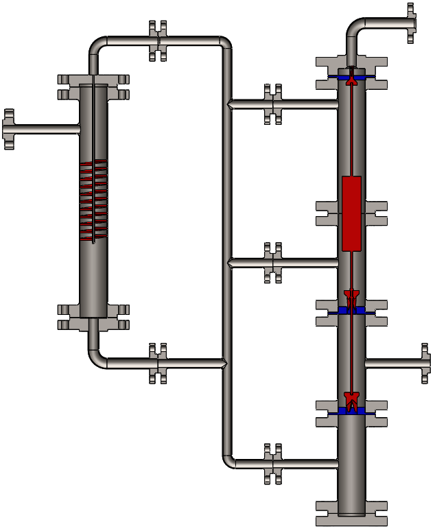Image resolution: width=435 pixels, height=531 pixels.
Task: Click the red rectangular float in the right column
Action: pyautogui.click(x=351, y=213)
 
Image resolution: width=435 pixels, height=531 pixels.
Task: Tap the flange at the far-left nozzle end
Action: pyautogui.click(x=9, y=129)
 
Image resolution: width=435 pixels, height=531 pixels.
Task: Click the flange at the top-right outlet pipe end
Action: pyautogui.click(x=410, y=23)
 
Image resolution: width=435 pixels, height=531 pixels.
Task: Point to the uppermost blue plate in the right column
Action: pyautogui.click(x=351, y=75)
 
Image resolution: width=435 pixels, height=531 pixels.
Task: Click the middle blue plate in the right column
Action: pyautogui.click(x=351, y=311)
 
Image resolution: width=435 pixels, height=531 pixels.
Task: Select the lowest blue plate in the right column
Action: pyautogui.click(x=351, y=411)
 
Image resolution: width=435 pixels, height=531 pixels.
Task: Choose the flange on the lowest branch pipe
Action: pyautogui.click(x=274, y=464)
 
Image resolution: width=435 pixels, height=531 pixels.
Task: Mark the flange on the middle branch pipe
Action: pyautogui.click(x=274, y=262)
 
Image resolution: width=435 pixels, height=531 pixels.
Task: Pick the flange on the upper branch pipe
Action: pyautogui.click(x=274, y=104)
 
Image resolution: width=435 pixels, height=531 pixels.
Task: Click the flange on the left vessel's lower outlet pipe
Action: pyautogui.click(x=158, y=363)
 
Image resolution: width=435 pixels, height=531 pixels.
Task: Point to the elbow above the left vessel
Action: pyautogui.click(x=97, y=45)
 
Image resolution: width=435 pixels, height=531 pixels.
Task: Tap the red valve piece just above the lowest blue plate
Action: pyautogui.click(x=351, y=399)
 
